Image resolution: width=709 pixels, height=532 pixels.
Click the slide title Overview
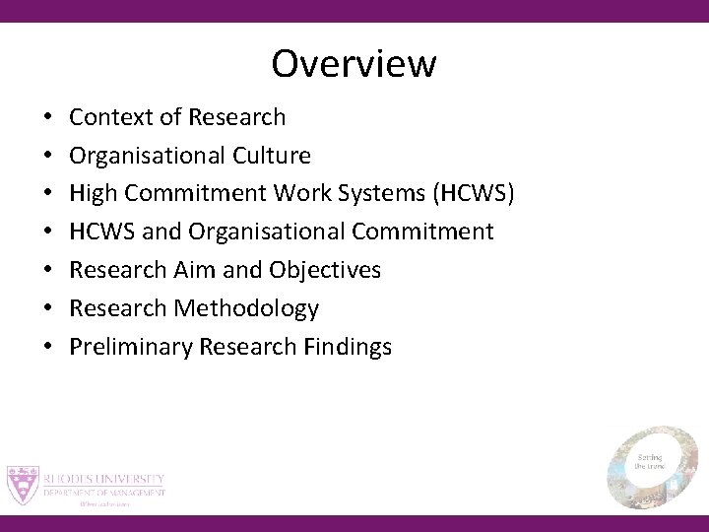tap(354, 64)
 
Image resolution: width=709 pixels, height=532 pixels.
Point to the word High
tap(92, 194)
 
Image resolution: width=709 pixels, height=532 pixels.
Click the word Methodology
tap(246, 308)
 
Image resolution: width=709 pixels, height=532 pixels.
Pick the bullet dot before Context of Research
tap(48, 118)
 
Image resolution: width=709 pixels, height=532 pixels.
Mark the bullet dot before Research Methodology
tap(48, 309)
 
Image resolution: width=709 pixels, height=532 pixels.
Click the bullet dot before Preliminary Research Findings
tap(48, 348)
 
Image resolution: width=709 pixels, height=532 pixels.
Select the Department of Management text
tap(103, 492)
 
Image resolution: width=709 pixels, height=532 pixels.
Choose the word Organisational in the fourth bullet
tap(234, 233)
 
